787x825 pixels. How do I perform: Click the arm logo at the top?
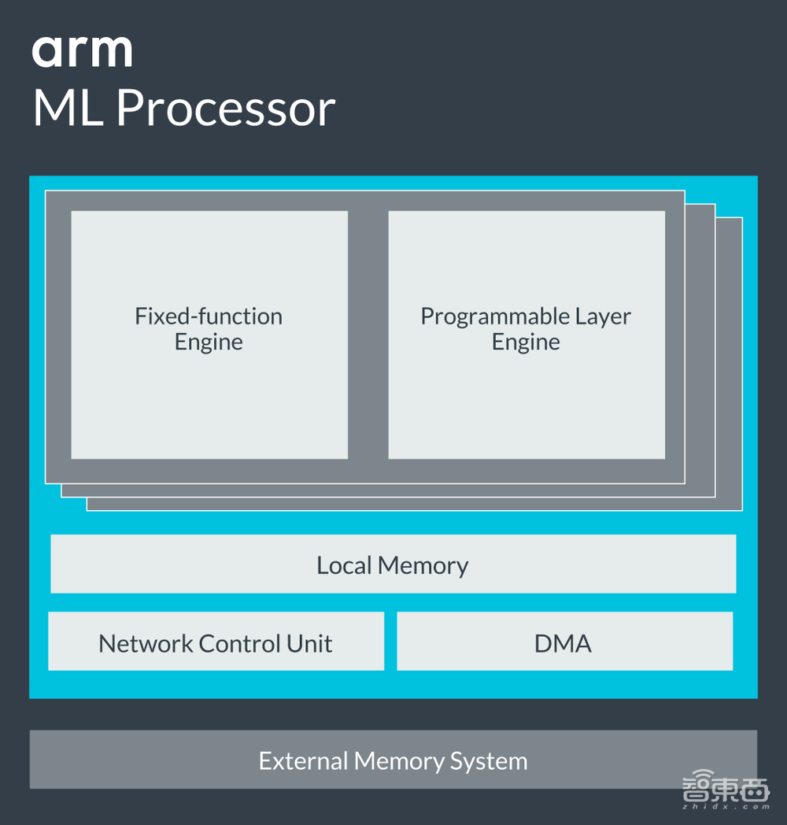coord(82,51)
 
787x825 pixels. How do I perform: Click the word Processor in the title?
coord(226,109)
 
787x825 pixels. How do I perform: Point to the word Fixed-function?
coord(209,316)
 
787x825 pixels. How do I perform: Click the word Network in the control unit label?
coord(146,643)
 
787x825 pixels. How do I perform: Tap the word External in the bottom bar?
coord(303,761)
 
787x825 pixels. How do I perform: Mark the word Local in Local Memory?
coord(344,565)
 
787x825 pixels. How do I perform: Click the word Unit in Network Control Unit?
coord(310,643)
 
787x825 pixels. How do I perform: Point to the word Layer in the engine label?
coord(602,316)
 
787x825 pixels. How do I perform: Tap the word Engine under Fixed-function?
coord(209,342)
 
